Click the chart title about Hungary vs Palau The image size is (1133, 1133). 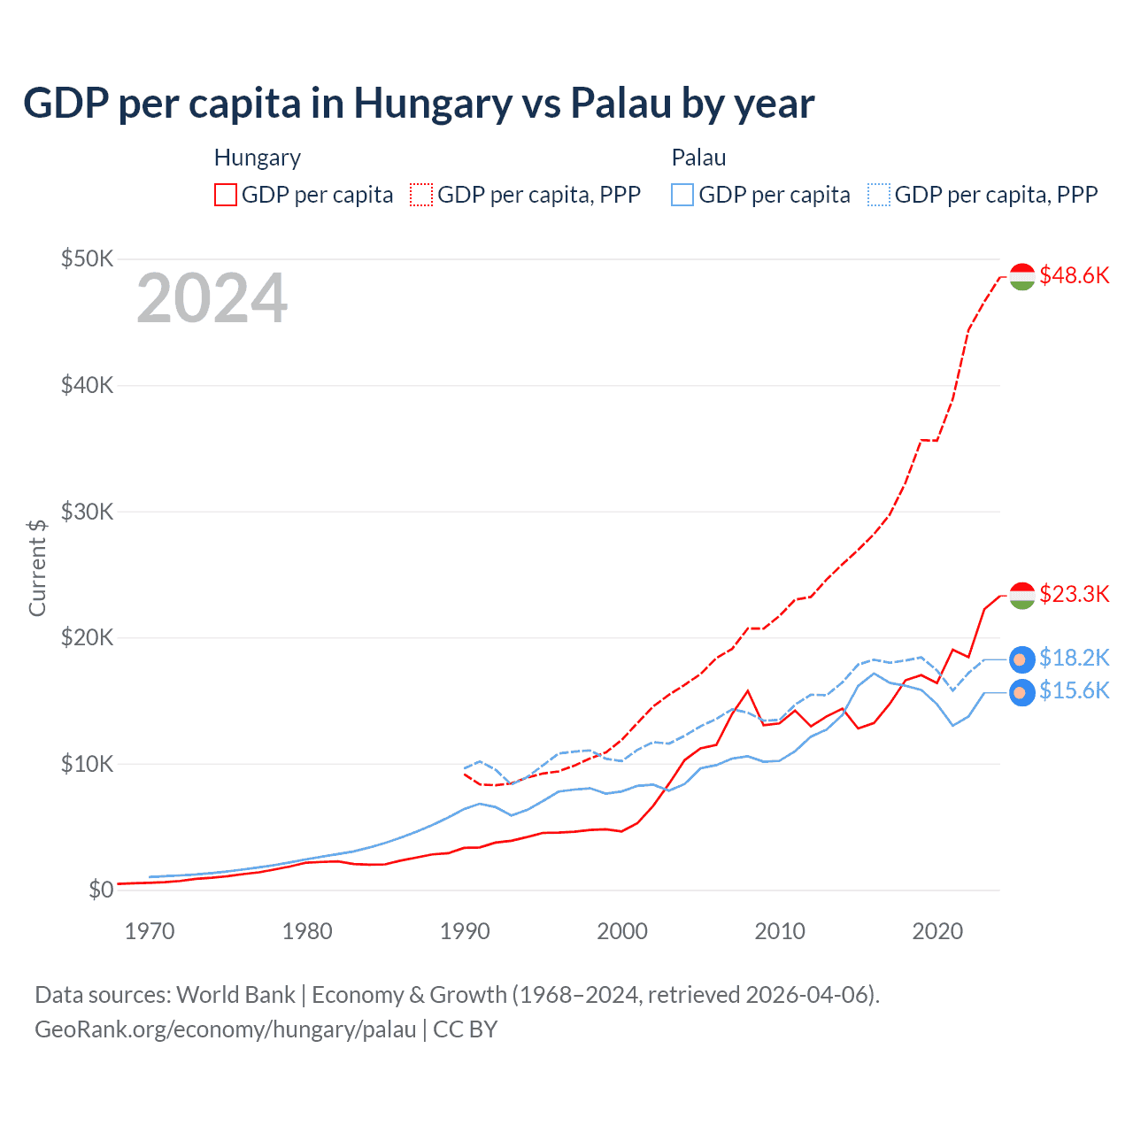pos(419,104)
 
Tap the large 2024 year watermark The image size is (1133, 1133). pos(212,298)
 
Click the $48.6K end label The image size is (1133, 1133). pos(1074,275)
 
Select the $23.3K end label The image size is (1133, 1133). pos(1074,594)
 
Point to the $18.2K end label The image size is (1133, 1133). pos(1074,658)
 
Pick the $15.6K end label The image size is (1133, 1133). pos(1074,690)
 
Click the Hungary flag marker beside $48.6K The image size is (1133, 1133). pos(1022,276)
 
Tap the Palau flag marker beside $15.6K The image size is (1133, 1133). pos(1022,692)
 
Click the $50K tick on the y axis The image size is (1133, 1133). pos(87,258)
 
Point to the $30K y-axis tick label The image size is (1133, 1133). pos(87,512)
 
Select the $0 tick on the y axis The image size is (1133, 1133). pos(101,890)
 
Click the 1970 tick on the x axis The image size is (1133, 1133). pos(150,931)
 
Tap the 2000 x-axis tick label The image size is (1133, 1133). pos(622,931)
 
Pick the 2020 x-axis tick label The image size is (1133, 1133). pos(937,931)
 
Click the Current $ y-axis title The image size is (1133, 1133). pos(37,567)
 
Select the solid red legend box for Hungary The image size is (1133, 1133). pos(226,195)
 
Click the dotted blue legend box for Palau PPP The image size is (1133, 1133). pos(879,195)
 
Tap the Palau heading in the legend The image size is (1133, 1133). pos(698,158)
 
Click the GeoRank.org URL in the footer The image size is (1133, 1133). pos(226,1029)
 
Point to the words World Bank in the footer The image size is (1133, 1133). pos(235,995)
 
